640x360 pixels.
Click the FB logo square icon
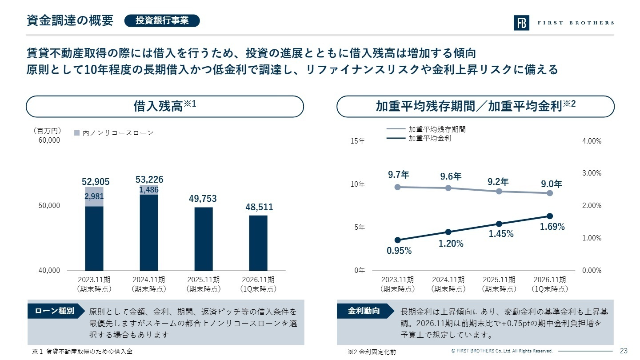(x=521, y=23)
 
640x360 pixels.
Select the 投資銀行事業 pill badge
(x=162, y=20)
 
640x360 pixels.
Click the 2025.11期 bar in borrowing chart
(x=204, y=239)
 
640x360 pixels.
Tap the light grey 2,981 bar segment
(x=94, y=197)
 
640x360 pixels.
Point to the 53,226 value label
(x=149, y=180)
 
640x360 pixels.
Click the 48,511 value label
(x=259, y=207)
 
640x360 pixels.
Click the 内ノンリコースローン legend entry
(x=114, y=133)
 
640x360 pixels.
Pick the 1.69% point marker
(x=550, y=216)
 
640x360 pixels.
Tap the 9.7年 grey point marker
(x=398, y=187)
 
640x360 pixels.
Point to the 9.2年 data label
(x=498, y=182)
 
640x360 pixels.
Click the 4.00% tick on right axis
(x=592, y=141)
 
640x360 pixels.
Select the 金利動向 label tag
(x=364, y=311)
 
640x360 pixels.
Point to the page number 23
(x=624, y=351)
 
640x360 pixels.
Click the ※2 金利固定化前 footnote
(x=372, y=352)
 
